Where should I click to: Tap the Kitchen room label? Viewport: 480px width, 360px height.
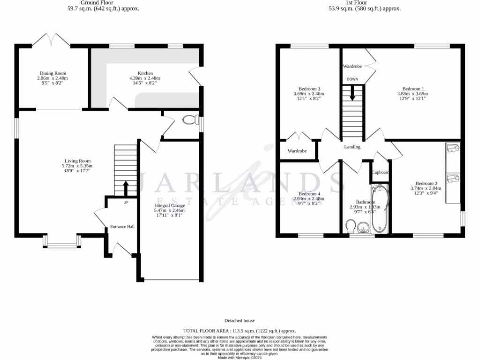point(145,73)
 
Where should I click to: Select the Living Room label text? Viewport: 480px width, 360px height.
point(77,161)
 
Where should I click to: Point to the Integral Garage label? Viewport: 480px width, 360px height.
point(170,205)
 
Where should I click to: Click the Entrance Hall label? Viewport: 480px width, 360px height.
point(122,227)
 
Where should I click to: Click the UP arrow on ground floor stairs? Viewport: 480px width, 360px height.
point(126,188)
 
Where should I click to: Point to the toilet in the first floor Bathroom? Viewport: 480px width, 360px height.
point(348,228)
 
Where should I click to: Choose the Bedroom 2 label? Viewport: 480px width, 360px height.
point(426,183)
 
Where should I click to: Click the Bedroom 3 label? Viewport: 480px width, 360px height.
point(309,89)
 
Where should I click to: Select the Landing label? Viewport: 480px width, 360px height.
point(352,147)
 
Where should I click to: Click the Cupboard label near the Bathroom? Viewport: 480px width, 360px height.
point(381,172)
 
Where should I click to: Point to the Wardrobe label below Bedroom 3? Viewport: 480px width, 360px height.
point(297,151)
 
